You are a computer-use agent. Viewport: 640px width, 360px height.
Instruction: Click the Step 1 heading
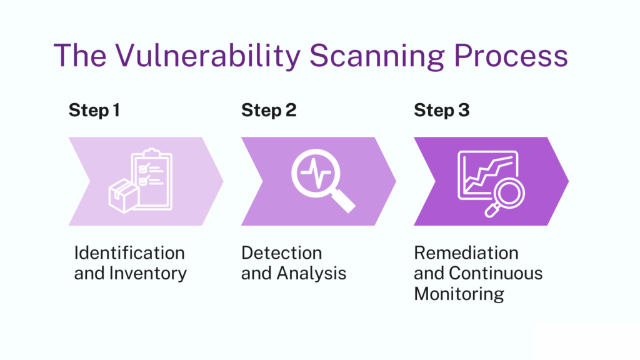94,111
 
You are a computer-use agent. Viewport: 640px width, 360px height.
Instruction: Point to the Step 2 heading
269,111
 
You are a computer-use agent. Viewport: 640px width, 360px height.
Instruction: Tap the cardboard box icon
123,196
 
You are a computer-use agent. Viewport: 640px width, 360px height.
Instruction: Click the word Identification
129,253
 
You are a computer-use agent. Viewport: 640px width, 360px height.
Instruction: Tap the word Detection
281,253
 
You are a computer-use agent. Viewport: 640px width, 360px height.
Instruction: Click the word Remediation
466,253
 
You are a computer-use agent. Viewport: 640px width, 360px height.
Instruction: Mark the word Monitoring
459,293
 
